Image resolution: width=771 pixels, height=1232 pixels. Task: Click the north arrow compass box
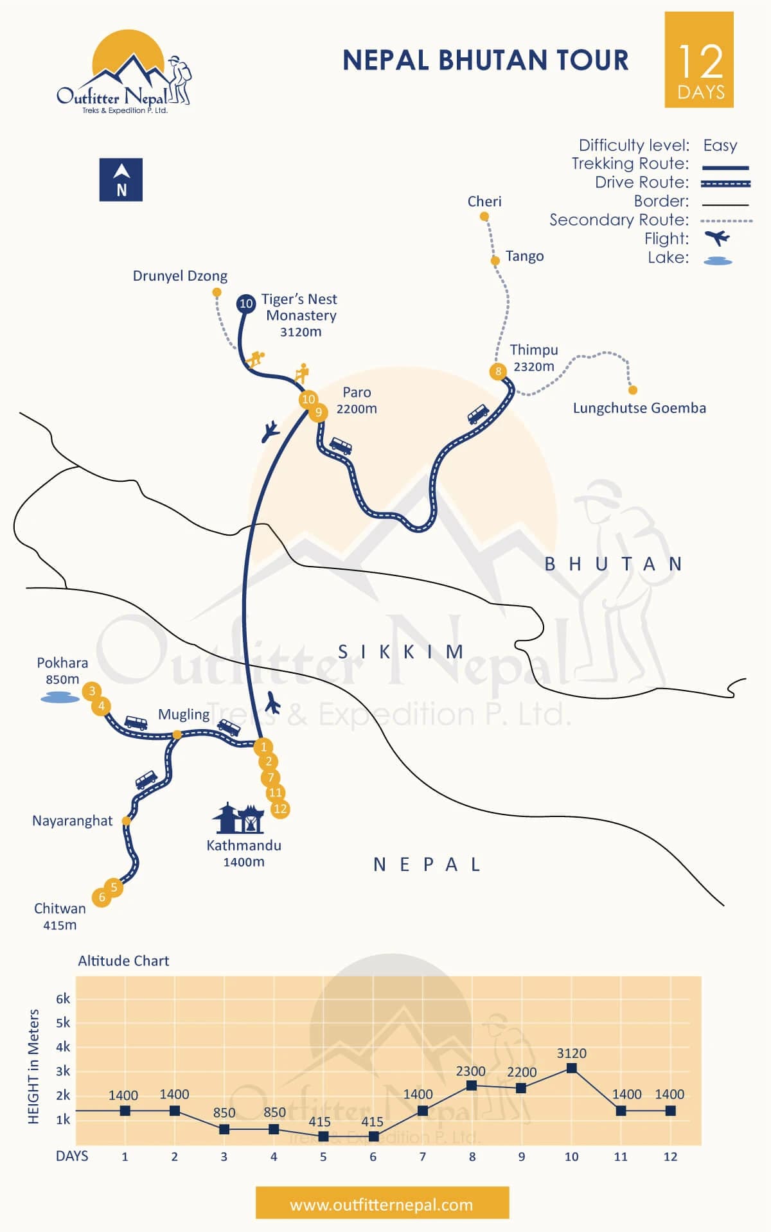coord(121,180)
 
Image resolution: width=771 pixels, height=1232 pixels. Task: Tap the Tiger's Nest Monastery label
coord(299,315)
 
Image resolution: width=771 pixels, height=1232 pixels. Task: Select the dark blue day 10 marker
coord(246,303)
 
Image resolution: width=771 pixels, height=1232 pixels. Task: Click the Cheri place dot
coord(484,217)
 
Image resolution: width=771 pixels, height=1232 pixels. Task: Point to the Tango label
coord(524,256)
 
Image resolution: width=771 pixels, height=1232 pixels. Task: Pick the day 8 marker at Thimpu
coord(498,371)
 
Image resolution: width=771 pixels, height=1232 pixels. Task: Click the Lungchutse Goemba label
coord(639,408)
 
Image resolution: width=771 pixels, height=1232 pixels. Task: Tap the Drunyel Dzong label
coord(180,276)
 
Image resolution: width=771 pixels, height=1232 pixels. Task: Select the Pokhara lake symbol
coord(60,697)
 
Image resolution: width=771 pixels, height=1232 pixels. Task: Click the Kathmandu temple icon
coord(238,818)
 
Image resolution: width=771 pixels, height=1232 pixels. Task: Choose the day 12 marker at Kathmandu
coord(280,809)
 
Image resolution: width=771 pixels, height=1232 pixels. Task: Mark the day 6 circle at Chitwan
coord(102,897)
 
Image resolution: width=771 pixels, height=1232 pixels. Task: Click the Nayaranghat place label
coord(72,821)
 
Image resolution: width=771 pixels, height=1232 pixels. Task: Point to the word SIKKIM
coord(401,652)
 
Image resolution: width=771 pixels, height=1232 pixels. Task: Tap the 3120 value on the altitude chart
coord(571,1053)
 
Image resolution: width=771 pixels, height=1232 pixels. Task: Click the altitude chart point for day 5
coord(323,1136)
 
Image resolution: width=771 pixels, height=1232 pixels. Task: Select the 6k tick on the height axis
coord(63,999)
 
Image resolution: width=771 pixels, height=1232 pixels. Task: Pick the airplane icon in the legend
coord(717,238)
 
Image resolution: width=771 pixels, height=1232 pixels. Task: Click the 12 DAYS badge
coord(699,60)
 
